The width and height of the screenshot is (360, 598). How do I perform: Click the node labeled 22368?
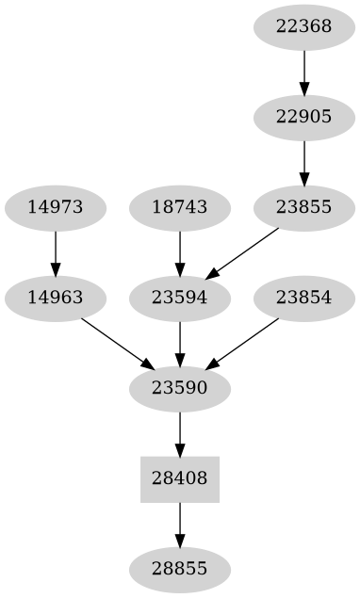pos(303,26)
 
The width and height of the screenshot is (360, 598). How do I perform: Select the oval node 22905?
pos(303,117)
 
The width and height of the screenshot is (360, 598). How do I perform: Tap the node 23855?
pos(303,207)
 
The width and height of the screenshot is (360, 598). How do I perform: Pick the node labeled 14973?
pos(55,207)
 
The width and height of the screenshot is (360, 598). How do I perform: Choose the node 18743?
pos(179,207)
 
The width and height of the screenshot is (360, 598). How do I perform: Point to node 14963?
pos(55,298)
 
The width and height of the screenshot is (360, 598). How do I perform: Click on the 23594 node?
pos(179,298)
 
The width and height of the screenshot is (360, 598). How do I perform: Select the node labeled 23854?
pos(303,298)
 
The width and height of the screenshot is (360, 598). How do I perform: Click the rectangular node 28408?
pos(179,478)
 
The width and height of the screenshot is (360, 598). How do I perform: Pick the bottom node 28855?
pos(179,569)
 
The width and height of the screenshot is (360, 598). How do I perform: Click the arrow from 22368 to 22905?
pos(303,72)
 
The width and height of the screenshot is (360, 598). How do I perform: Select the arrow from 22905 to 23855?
pos(303,162)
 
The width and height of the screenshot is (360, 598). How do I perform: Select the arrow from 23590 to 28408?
pos(179,433)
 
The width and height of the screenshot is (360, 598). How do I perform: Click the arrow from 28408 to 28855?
pos(179,524)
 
